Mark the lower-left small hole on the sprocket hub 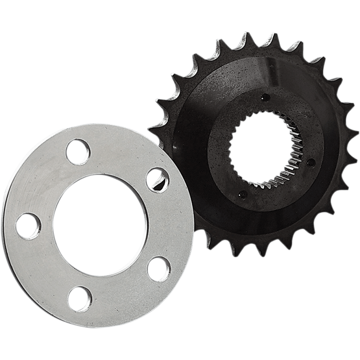240,194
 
